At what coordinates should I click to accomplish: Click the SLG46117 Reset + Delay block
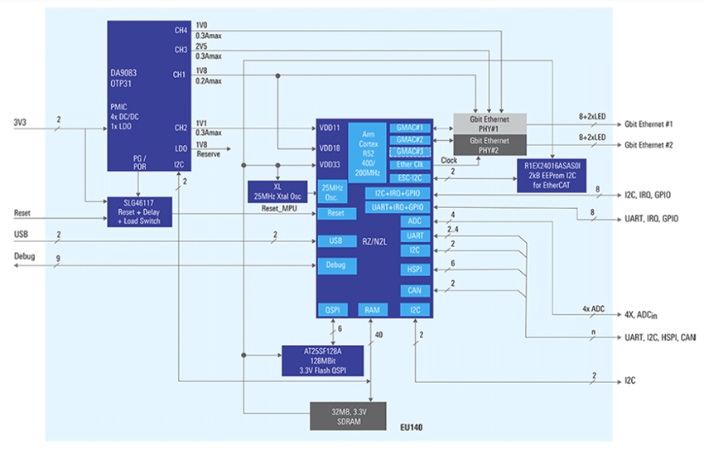click(139, 212)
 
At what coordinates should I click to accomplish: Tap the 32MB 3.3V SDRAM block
click(348, 415)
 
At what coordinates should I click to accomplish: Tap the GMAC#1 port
click(409, 129)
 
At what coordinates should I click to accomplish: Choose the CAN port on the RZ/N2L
click(415, 291)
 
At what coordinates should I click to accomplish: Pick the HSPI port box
click(415, 269)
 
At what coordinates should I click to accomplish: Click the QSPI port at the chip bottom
click(332, 310)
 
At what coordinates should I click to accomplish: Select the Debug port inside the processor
click(336, 265)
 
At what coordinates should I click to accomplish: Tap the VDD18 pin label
click(330, 148)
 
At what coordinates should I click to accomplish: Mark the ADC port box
click(415, 221)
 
